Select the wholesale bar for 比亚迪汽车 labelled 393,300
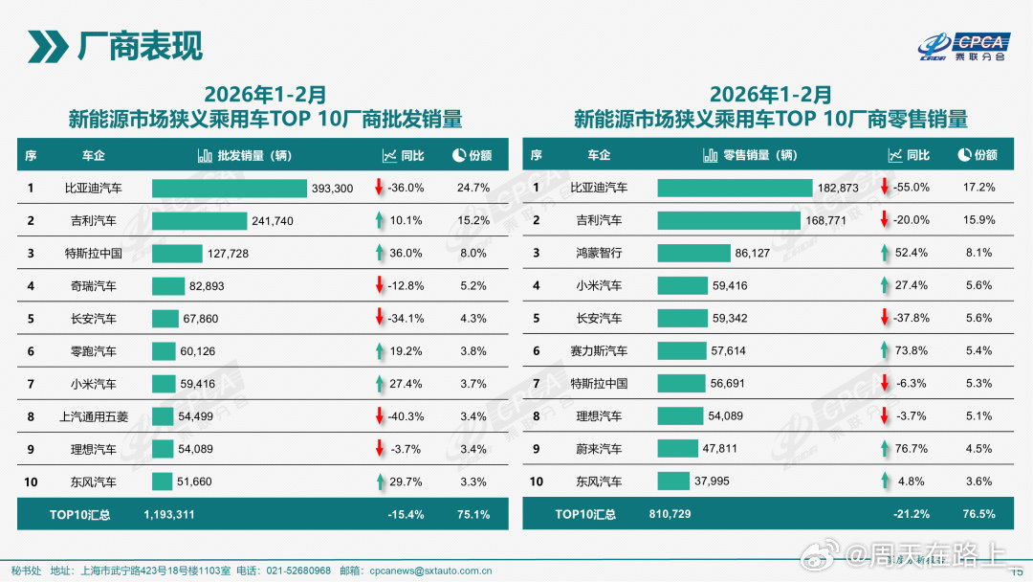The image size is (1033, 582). tap(229, 189)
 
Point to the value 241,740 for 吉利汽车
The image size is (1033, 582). tap(273, 221)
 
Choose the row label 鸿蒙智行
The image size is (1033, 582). tap(599, 253)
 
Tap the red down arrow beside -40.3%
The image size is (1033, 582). tap(379, 415)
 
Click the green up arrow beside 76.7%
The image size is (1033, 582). tap(884, 448)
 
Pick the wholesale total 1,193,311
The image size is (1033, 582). tap(169, 514)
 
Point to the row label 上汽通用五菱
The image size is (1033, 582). tap(93, 416)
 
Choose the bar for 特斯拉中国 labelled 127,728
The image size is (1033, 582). tap(177, 253)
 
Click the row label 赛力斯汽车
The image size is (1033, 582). tap(599, 351)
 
